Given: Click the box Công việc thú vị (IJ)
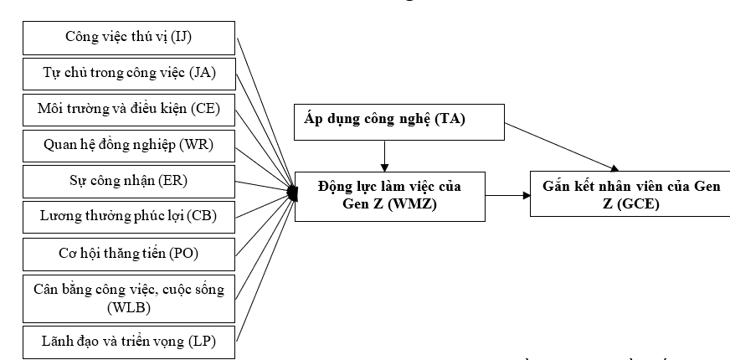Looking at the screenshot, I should click(x=130, y=36).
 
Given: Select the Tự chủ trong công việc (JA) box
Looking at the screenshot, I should click(x=130, y=73).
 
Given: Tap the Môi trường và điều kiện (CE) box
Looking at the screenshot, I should click(x=130, y=109).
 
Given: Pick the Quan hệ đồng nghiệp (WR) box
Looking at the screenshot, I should click(x=130, y=144).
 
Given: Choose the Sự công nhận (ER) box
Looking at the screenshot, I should click(x=130, y=180).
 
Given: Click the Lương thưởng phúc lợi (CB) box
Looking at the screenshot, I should click(x=130, y=216).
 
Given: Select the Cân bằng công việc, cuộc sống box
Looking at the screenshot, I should click(x=130, y=298).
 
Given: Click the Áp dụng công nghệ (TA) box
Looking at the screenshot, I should click(x=399, y=122).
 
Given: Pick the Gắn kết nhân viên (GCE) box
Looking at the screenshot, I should click(x=629, y=193).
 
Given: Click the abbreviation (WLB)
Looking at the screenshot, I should click(x=129, y=307).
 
